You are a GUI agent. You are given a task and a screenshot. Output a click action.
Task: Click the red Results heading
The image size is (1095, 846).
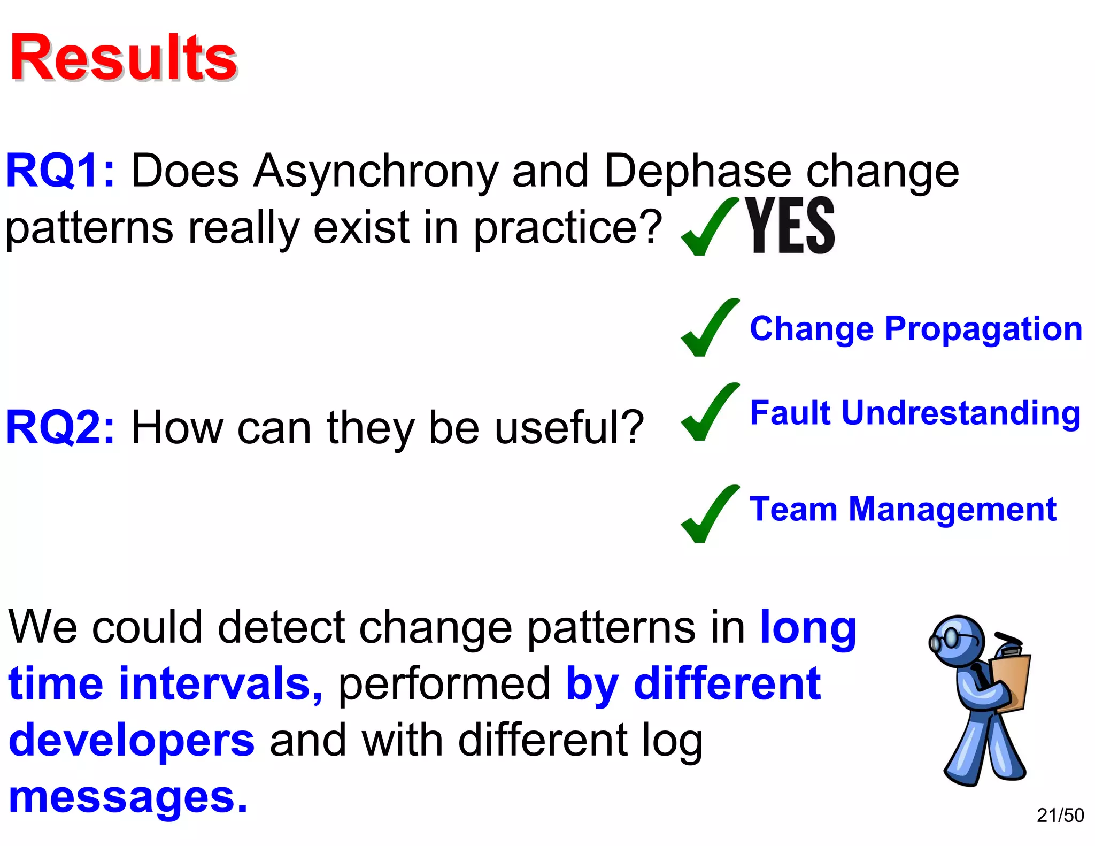(124, 58)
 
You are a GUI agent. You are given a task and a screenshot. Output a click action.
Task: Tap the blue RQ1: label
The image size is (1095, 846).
(60, 171)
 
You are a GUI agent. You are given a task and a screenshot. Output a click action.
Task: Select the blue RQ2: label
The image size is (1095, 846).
(60, 427)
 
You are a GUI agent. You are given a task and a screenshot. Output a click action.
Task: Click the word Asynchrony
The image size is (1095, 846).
(375, 172)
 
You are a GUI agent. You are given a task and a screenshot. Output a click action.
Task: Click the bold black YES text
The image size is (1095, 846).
(790, 225)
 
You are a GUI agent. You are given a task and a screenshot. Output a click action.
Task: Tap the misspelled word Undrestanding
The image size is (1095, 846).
(961, 413)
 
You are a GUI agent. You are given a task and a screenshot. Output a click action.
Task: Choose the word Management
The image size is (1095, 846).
(952, 509)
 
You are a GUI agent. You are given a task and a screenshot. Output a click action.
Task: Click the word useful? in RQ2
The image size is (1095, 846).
(569, 427)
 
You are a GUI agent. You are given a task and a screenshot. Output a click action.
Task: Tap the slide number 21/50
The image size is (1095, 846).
(1060, 815)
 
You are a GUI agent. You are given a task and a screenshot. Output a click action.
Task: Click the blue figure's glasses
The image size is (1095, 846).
(945, 639)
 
